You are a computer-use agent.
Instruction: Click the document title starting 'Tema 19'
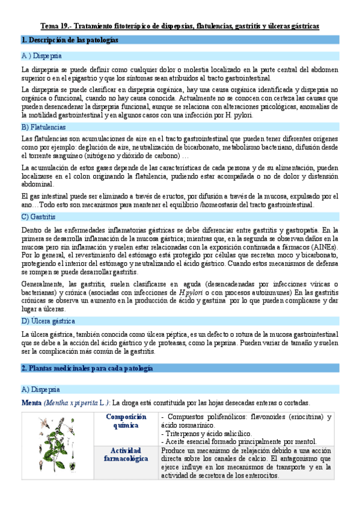[x=180, y=26]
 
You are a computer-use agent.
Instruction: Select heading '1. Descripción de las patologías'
[x=69, y=40]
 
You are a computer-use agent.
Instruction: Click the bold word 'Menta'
[x=31, y=402]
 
